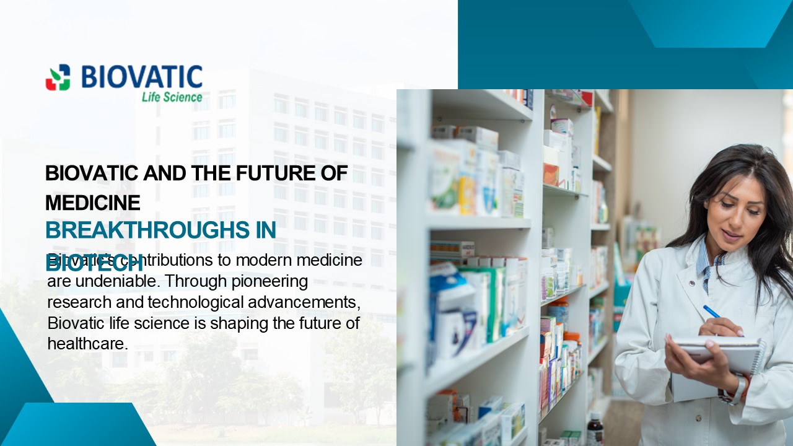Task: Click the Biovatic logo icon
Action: pyautogui.click(x=58, y=77)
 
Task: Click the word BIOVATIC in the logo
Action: pyautogui.click(x=142, y=77)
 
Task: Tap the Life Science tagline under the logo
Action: pyautogui.click(x=172, y=97)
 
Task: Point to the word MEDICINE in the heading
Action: pyautogui.click(x=93, y=203)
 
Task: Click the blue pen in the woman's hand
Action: pyautogui.click(x=712, y=312)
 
